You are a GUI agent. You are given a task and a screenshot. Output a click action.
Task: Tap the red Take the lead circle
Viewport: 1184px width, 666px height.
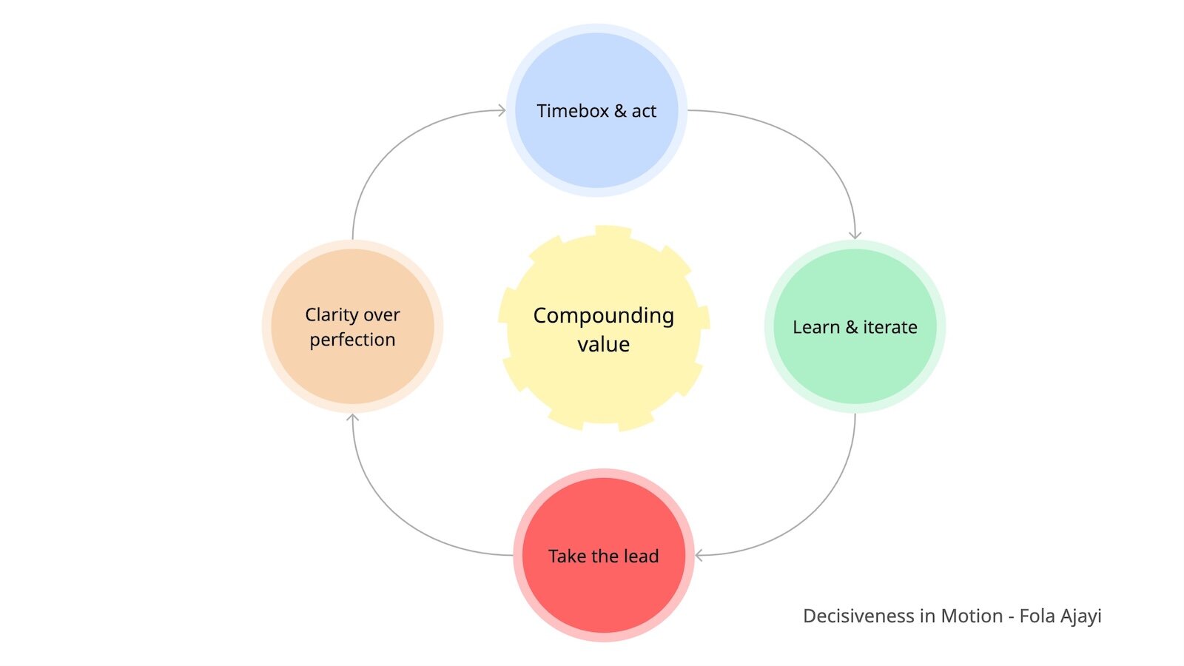pos(603,592)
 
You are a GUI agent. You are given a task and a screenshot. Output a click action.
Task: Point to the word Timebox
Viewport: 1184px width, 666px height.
pos(572,111)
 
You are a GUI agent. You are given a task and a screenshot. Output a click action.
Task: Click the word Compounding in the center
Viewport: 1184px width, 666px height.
pos(603,316)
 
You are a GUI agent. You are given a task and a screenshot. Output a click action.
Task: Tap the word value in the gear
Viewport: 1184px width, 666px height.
pos(603,345)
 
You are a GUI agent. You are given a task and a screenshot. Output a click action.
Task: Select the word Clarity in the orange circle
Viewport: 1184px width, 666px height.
pos(331,315)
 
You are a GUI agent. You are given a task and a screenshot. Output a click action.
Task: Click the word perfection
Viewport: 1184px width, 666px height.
pos(352,340)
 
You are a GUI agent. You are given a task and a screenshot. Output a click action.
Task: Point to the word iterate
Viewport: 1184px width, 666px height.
pos(889,327)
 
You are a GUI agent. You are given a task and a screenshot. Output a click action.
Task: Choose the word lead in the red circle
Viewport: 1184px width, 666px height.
pos(640,556)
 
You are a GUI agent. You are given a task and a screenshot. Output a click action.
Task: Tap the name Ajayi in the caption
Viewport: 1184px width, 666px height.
pos(1081,616)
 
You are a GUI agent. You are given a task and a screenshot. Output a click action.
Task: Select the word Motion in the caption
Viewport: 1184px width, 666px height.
pos(972,616)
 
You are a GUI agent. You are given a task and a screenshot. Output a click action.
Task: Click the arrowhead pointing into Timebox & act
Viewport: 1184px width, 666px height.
pos(502,111)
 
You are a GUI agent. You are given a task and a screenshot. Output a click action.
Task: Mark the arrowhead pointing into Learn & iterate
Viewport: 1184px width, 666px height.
pos(855,235)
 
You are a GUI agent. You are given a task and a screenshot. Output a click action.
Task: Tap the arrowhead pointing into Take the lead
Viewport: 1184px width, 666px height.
pos(699,555)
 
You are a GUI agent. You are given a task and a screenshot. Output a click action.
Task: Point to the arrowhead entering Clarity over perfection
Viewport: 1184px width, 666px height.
pos(353,418)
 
